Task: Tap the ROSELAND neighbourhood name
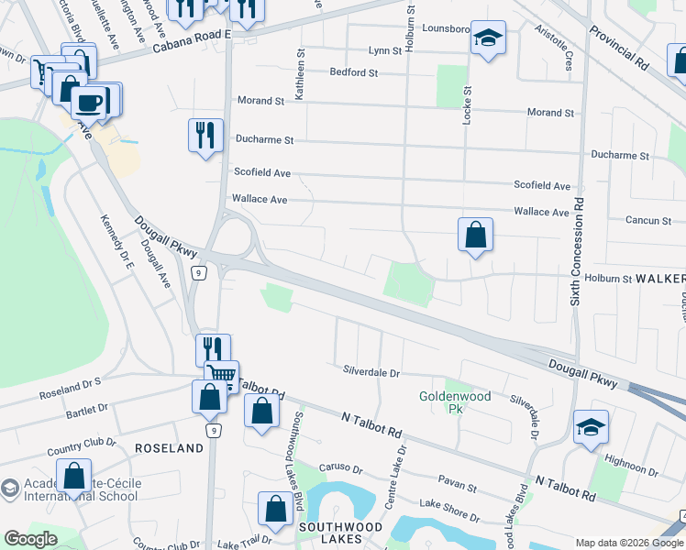tap(169, 448)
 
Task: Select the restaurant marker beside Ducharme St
tap(205, 135)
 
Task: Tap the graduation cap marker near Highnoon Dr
tap(591, 426)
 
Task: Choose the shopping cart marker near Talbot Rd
tap(220, 375)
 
